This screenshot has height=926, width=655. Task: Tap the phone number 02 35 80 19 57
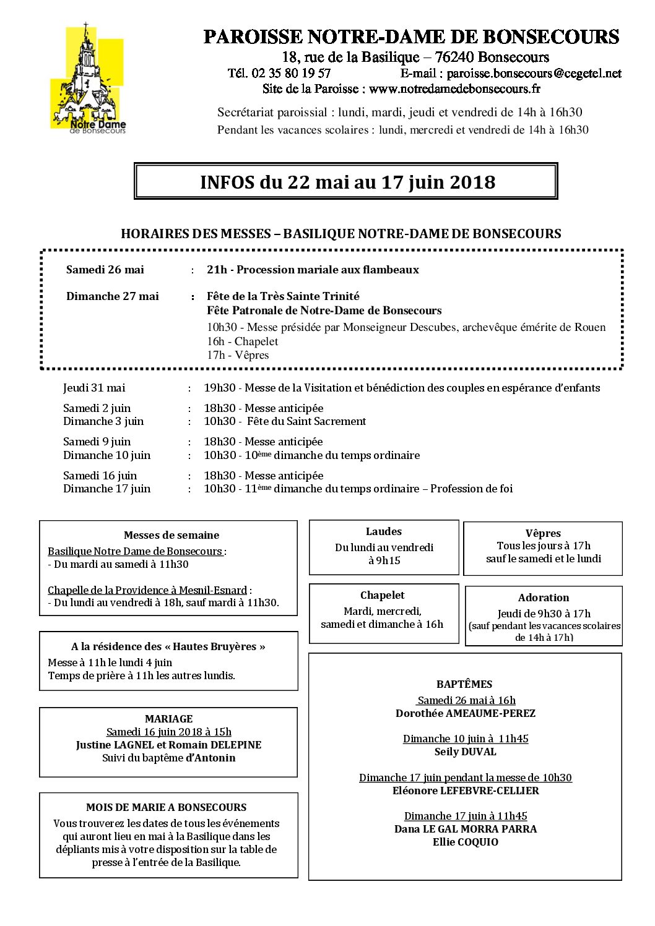coord(292,74)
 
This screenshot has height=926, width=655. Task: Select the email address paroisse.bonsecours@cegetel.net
coord(534,74)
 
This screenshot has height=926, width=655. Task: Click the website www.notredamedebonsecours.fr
coord(454,88)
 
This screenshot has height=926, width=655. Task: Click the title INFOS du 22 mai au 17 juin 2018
coord(347,182)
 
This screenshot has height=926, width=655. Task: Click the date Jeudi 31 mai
coord(94,388)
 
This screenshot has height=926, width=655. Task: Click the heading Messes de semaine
coord(171,535)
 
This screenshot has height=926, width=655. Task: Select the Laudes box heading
coord(384,531)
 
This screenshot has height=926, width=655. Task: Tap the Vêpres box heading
coord(543,533)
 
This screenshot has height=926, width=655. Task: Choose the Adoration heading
coord(544,598)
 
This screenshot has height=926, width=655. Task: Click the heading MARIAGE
coord(168,719)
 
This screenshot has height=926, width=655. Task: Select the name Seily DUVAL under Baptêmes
coord(465,752)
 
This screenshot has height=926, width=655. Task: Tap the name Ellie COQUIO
coord(465,842)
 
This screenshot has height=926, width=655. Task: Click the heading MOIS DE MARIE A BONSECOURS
coord(166,807)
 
